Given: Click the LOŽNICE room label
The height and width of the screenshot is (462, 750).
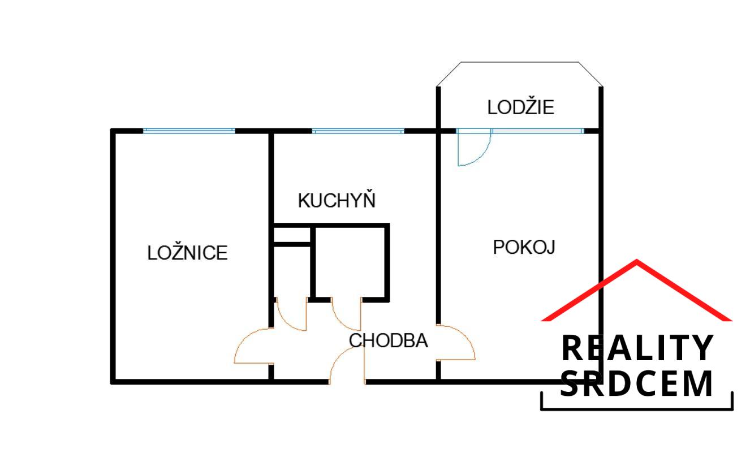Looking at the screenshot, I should click(187, 252).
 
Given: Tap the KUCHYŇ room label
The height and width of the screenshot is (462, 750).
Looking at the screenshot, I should click(337, 200).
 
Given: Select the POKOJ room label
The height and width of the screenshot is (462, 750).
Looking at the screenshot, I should click(524, 247).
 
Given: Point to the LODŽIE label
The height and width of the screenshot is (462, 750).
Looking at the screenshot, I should click(520, 107).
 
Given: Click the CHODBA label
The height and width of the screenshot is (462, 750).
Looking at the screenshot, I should click(388, 340).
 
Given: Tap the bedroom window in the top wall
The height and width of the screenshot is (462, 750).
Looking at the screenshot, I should click(189, 131).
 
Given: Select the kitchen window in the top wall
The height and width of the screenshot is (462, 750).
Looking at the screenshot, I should click(358, 131).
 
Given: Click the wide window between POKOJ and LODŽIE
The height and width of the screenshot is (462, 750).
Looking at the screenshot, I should click(537, 131).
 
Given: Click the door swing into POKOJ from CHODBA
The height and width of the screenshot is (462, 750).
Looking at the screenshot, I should click(457, 342).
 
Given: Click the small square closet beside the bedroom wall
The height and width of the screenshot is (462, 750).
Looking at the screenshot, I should click(292, 235).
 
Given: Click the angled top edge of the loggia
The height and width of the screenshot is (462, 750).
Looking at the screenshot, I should click(519, 62).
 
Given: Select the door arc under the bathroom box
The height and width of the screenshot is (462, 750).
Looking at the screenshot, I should click(346, 314).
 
